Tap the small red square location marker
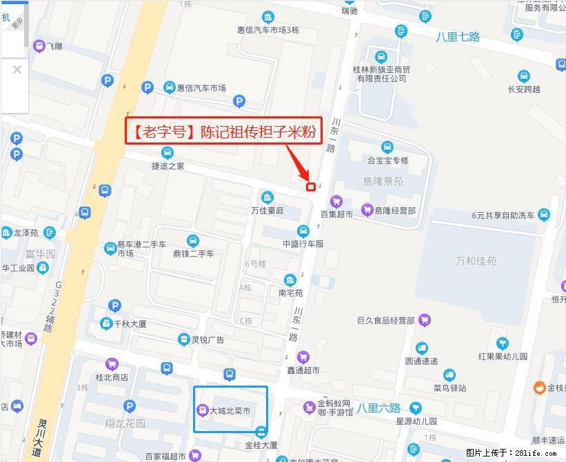[311, 186]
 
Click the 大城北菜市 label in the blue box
[230, 411]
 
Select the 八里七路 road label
[458, 36]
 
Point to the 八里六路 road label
[378, 408]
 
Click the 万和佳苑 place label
[476, 261]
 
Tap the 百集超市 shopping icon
[336, 201]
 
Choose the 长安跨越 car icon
[524, 76]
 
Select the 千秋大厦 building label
[130, 324]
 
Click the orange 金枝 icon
[539, 388]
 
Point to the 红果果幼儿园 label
[503, 356]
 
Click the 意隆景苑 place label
[383, 181]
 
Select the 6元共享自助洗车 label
[503, 215]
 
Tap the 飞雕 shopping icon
[40, 46]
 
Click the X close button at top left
[17, 70]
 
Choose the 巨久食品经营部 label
[385, 320]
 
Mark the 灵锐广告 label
[208, 339]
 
